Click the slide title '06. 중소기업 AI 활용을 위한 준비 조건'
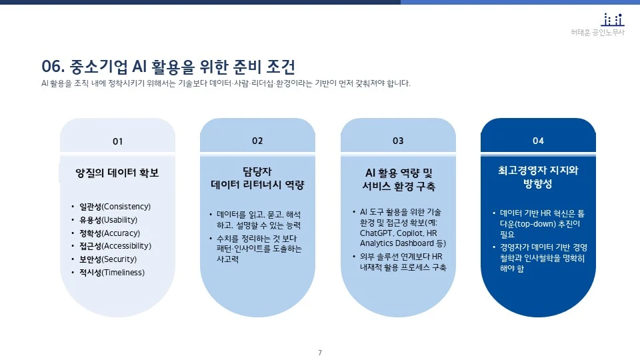[168, 67]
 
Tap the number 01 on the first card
[117, 141]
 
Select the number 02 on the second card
[257, 141]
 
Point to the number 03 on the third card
[398, 141]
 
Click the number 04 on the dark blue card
[538, 141]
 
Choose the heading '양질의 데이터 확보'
[117, 173]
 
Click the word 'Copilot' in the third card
[410, 234]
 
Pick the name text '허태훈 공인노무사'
[598, 32]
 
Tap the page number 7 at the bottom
[320, 352]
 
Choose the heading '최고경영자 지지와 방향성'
[538, 177]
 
